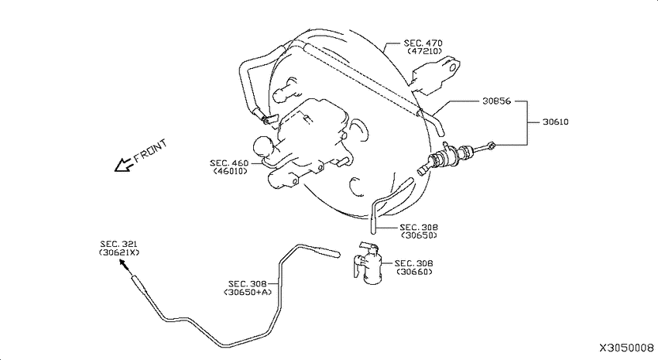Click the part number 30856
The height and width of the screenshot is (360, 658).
point(496,101)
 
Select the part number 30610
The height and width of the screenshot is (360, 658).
point(556,122)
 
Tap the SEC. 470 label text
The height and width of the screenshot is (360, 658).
point(423,43)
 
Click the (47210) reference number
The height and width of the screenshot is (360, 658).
point(425,51)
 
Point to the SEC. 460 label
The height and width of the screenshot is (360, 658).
point(229,163)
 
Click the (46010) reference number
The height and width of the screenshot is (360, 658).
point(231,171)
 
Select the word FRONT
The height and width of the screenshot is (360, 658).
point(150,151)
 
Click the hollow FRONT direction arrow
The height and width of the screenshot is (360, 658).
point(124,166)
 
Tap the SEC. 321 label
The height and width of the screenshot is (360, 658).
point(118,244)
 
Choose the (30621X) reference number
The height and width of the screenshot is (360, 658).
point(119,252)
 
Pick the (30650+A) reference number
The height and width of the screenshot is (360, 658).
point(248,292)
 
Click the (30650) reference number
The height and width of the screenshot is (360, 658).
point(419,235)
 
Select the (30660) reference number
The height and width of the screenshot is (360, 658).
point(415,272)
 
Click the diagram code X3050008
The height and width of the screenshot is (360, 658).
point(626,348)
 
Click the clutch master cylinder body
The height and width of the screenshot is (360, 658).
point(445,157)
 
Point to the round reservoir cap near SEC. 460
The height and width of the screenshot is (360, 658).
point(262,147)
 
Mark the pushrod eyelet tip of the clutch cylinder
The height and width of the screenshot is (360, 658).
point(492,146)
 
